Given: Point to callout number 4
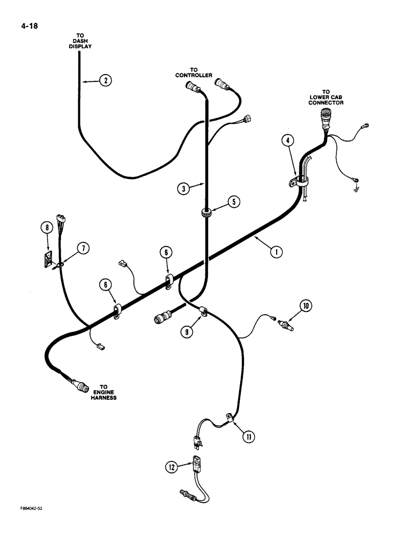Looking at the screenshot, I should coord(289,141).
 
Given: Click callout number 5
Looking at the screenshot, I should coord(233,202).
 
